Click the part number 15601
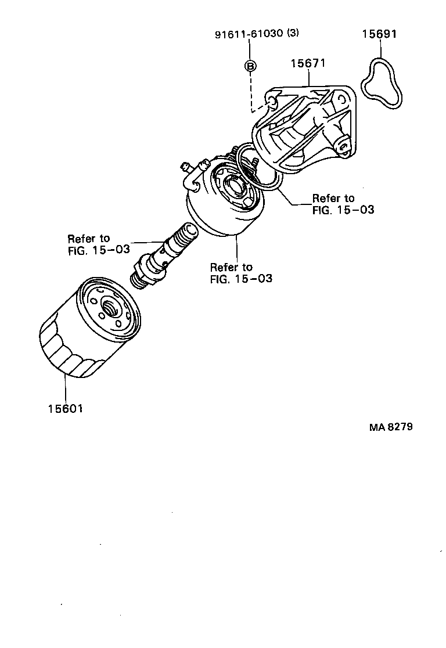pos(65,409)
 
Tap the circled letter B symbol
pos(250,66)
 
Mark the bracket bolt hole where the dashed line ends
pos(271,103)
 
